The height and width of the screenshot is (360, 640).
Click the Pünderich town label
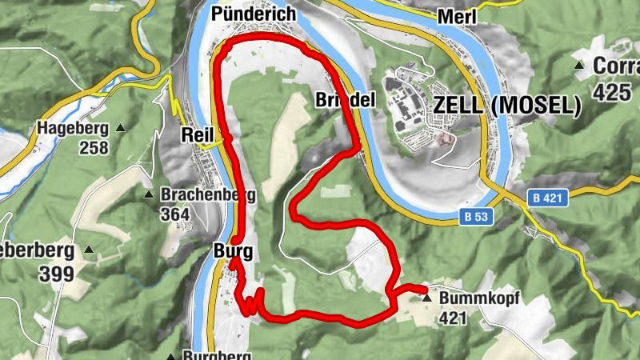pos(253,14)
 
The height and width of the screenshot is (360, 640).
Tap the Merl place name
pos(458,17)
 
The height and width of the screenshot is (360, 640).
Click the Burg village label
pos(233,252)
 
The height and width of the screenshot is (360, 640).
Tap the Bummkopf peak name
pos(479,298)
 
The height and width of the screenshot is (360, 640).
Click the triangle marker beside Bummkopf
pos(426,298)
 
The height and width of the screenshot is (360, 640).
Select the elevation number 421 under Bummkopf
pos(454,318)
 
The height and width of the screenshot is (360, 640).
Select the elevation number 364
pos(175,214)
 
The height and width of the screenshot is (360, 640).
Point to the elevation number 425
pos(612,92)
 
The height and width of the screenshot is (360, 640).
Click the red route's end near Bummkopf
pos(423,288)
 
